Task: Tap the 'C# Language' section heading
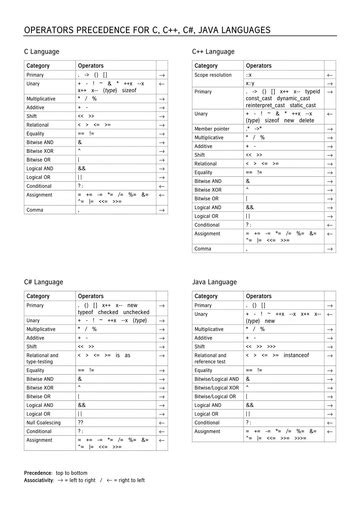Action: tap(45, 282)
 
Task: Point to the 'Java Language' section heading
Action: tap(214, 282)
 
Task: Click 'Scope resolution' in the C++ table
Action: tap(213, 75)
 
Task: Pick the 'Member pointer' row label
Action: tap(212, 128)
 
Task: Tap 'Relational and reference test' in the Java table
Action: tap(216, 357)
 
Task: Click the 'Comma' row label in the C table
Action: tap(35, 211)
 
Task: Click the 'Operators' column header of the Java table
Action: tap(259, 296)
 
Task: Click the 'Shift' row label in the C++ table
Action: tap(200, 155)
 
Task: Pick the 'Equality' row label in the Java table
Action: tap(204, 370)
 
